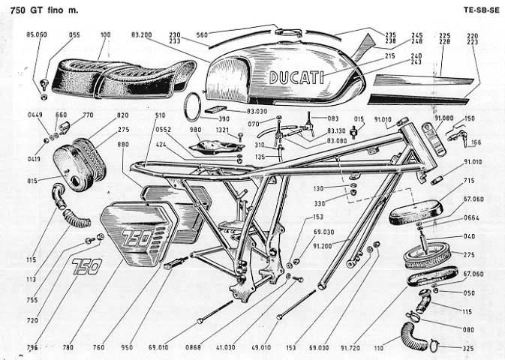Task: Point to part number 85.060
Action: coord(36,35)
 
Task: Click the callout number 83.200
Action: coord(141,35)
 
